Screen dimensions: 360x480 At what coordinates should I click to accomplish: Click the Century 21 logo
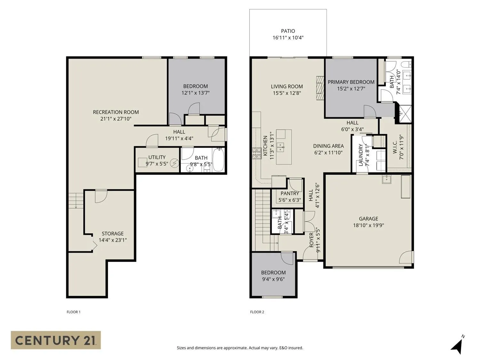(56, 340)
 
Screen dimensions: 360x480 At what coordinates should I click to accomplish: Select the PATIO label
(288, 31)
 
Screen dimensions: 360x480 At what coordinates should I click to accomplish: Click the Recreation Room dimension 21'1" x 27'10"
(116, 119)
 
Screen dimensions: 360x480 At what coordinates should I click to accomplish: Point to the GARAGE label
(368, 219)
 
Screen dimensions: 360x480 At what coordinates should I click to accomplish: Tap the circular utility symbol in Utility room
(174, 163)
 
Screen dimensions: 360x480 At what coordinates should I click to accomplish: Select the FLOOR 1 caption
(73, 312)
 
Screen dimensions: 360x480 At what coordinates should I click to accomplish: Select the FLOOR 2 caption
(257, 312)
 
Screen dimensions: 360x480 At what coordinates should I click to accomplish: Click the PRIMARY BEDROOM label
(351, 82)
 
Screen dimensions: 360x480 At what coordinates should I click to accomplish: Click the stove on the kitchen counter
(256, 153)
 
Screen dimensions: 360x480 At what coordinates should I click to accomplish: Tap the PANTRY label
(290, 193)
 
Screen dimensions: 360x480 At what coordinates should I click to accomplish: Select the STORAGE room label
(113, 234)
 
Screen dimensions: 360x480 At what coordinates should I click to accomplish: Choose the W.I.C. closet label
(395, 148)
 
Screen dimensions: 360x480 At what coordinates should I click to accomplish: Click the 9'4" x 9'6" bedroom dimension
(273, 279)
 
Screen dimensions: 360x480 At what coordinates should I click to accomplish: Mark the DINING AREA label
(328, 146)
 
